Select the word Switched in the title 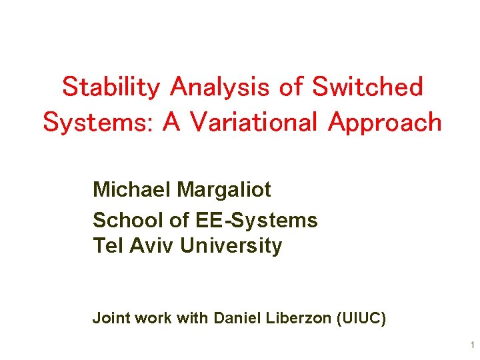coord(367,87)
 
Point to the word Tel coord(106,246)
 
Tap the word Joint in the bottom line coord(111,319)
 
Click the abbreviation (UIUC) coord(363,319)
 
